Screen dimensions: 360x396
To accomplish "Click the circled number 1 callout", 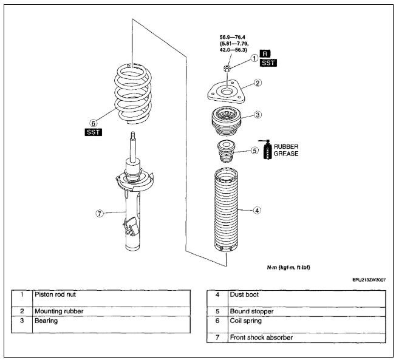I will [x=254, y=59].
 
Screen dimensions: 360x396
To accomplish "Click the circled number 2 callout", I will [x=258, y=83].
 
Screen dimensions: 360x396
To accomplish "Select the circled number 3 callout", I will [x=258, y=114].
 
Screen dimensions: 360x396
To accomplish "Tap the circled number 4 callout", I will [x=258, y=211].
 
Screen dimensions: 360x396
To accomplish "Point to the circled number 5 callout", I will [x=255, y=150].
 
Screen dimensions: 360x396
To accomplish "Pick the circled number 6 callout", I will [x=93, y=121].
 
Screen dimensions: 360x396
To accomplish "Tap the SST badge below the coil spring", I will [x=94, y=132].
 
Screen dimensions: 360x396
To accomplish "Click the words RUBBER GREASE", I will [x=285, y=150].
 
